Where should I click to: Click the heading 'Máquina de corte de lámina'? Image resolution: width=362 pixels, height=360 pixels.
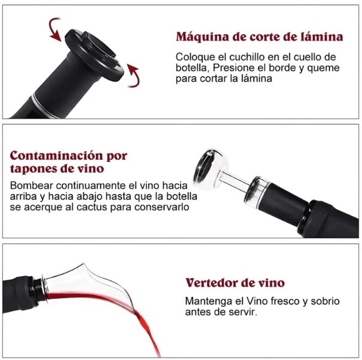tap(259, 37)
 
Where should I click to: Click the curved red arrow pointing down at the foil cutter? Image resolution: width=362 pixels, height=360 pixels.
tap(53, 29)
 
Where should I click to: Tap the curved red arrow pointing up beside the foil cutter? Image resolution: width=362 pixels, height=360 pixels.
tap(134, 76)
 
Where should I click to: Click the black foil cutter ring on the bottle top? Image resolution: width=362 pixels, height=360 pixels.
tap(94, 55)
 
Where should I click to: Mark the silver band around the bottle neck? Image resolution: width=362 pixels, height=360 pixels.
tap(44, 106)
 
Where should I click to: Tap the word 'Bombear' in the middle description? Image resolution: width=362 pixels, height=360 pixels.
tap(32, 186)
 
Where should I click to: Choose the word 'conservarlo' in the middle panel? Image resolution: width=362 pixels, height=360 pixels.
tap(162, 207)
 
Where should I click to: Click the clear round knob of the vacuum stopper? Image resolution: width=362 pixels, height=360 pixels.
tap(211, 169)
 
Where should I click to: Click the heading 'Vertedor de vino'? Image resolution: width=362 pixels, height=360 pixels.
tap(235, 283)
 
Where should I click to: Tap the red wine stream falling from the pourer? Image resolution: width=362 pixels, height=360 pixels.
tap(148, 330)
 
